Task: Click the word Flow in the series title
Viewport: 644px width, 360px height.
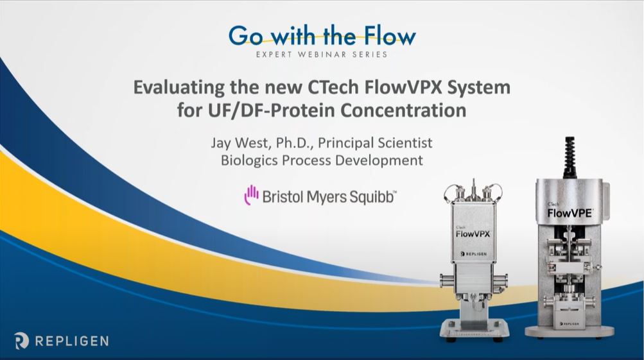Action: click(390, 36)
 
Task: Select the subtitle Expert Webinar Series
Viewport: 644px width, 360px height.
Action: click(322, 54)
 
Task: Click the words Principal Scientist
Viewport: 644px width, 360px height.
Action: click(375, 143)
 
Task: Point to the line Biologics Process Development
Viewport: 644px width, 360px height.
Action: click(322, 160)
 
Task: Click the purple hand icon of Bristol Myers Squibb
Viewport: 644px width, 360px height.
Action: click(251, 195)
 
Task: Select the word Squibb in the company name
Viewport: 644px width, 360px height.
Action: click(372, 197)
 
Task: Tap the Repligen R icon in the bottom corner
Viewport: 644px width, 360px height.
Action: click(21, 341)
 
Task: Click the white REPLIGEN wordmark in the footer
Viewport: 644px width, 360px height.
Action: click(72, 341)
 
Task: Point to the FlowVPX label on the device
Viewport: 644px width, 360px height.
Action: click(473, 234)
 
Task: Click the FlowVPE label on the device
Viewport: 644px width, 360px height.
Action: click(570, 213)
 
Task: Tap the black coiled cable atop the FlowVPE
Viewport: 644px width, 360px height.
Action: click(570, 158)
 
